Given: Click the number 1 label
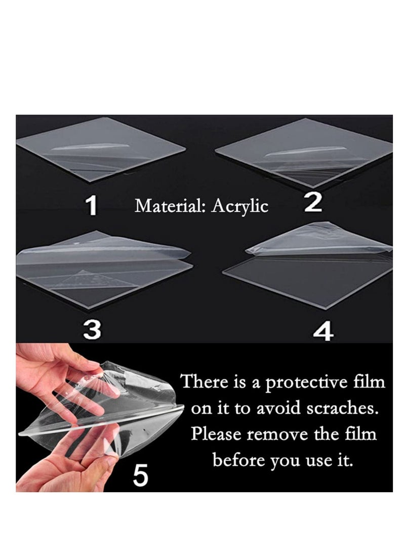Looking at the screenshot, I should pos(91,206).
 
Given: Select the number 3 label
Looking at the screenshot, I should pos(92,330).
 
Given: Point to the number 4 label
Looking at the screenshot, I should pos(323,332).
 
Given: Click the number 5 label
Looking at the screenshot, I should pos(140,476).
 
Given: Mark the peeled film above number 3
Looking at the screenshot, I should pos(101,253).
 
